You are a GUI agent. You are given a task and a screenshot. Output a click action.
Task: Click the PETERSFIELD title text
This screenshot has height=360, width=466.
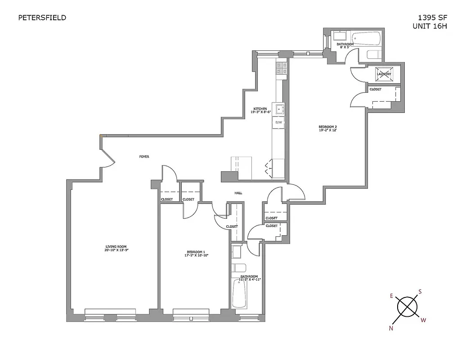42,18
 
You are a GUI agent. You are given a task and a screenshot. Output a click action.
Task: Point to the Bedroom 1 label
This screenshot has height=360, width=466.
196,253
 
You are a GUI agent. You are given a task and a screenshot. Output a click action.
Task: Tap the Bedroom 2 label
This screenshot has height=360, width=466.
327,128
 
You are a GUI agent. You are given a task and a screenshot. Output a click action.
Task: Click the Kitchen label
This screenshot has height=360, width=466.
260,111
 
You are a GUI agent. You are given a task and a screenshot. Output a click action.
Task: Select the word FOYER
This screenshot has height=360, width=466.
144,157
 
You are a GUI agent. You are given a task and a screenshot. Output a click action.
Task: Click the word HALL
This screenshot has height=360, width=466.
238,193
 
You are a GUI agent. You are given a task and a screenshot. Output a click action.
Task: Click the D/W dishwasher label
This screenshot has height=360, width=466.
278,122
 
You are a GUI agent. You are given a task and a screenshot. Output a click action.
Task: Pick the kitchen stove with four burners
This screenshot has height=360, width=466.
282,68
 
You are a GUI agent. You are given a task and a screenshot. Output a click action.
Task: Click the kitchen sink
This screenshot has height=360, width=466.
280,109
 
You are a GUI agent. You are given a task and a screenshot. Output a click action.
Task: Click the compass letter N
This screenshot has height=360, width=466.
391,328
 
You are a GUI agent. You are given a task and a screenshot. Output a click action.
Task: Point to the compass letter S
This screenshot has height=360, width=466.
420,291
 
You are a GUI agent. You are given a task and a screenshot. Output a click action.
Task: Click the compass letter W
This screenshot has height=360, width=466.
423,320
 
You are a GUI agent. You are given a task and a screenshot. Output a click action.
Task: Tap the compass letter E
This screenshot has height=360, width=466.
391,296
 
